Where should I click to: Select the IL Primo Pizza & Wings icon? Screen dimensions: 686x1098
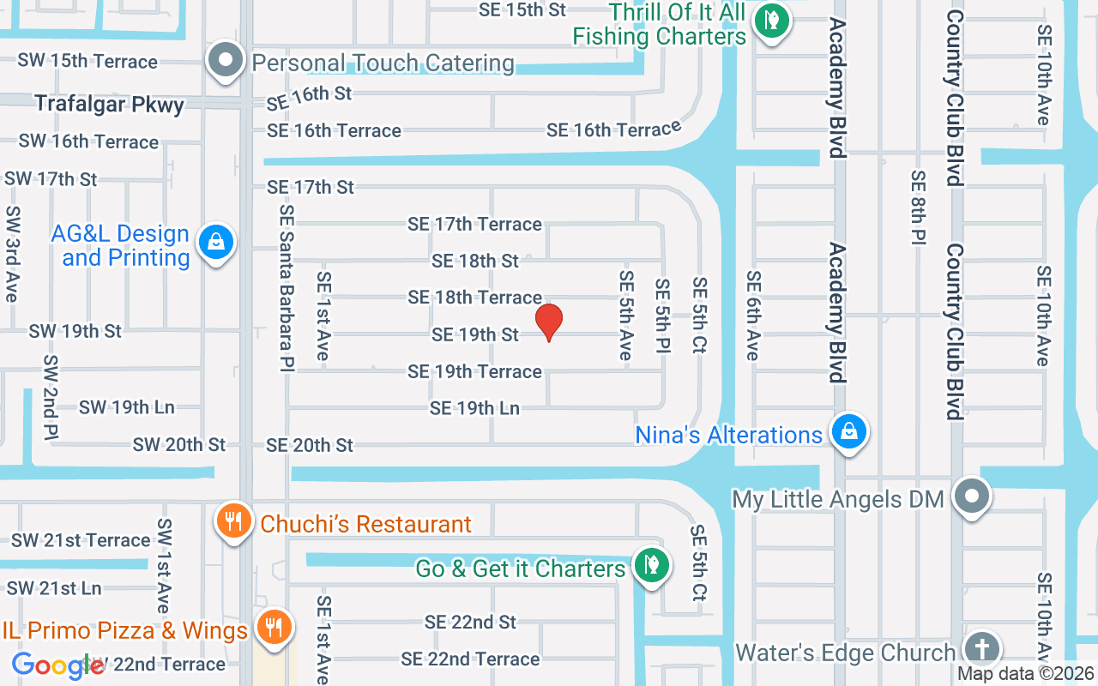(x=274, y=627)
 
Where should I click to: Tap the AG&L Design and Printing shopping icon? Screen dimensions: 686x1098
(x=216, y=243)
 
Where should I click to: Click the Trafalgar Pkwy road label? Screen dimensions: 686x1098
(x=109, y=105)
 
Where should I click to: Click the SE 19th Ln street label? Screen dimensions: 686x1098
(x=474, y=408)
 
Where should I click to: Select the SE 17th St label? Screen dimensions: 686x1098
(x=311, y=187)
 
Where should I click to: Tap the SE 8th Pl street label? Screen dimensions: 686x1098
(x=918, y=208)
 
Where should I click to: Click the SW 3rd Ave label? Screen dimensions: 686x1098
(x=12, y=254)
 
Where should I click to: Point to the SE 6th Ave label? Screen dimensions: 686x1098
(x=753, y=316)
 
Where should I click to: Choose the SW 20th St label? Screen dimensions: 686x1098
(x=178, y=444)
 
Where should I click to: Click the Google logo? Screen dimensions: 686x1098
(x=58, y=665)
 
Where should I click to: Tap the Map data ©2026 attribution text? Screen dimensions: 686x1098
(x=1024, y=674)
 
